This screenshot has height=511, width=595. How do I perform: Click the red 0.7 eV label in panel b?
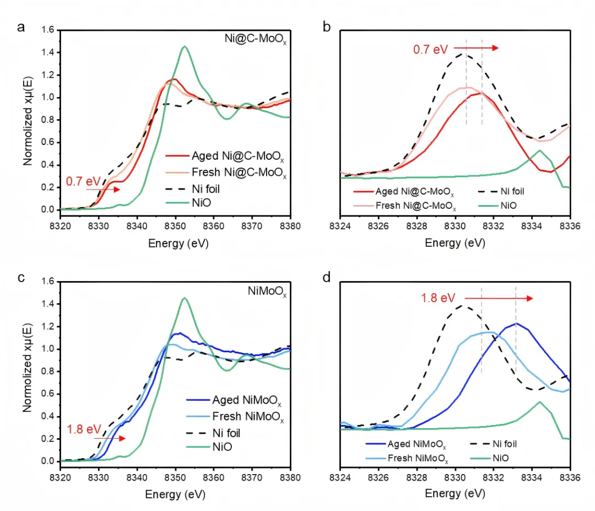point(430,50)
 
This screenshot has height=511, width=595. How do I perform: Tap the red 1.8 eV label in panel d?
point(438,298)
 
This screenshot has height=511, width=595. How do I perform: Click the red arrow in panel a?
point(103,189)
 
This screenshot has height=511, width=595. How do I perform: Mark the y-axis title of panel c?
point(28,369)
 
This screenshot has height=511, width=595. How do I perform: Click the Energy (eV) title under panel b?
point(455,243)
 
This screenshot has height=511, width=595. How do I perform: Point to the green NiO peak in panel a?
point(185,47)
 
